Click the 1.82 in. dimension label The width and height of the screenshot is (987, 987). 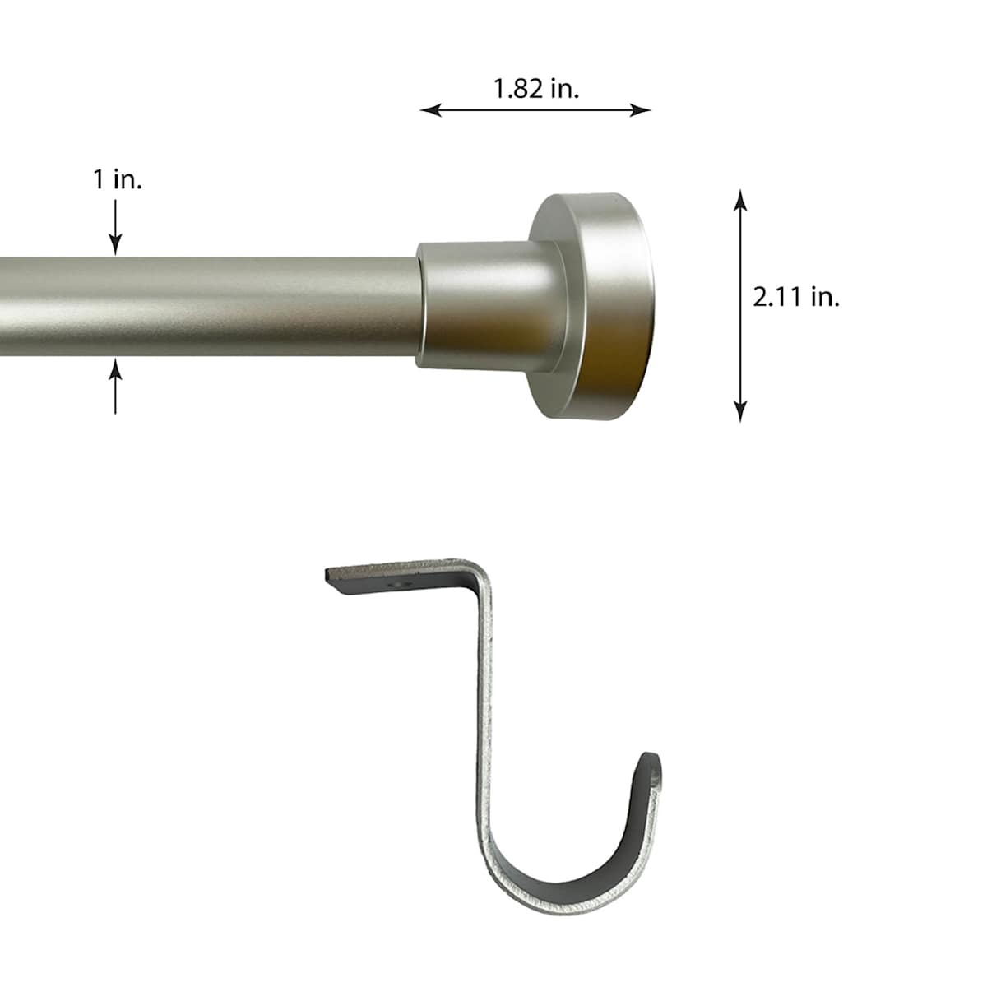click(535, 88)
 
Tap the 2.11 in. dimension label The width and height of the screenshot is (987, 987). click(795, 297)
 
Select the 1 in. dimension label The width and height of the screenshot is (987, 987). click(117, 180)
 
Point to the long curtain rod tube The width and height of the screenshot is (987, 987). click(206, 306)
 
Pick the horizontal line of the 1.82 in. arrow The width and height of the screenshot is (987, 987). click(535, 110)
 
